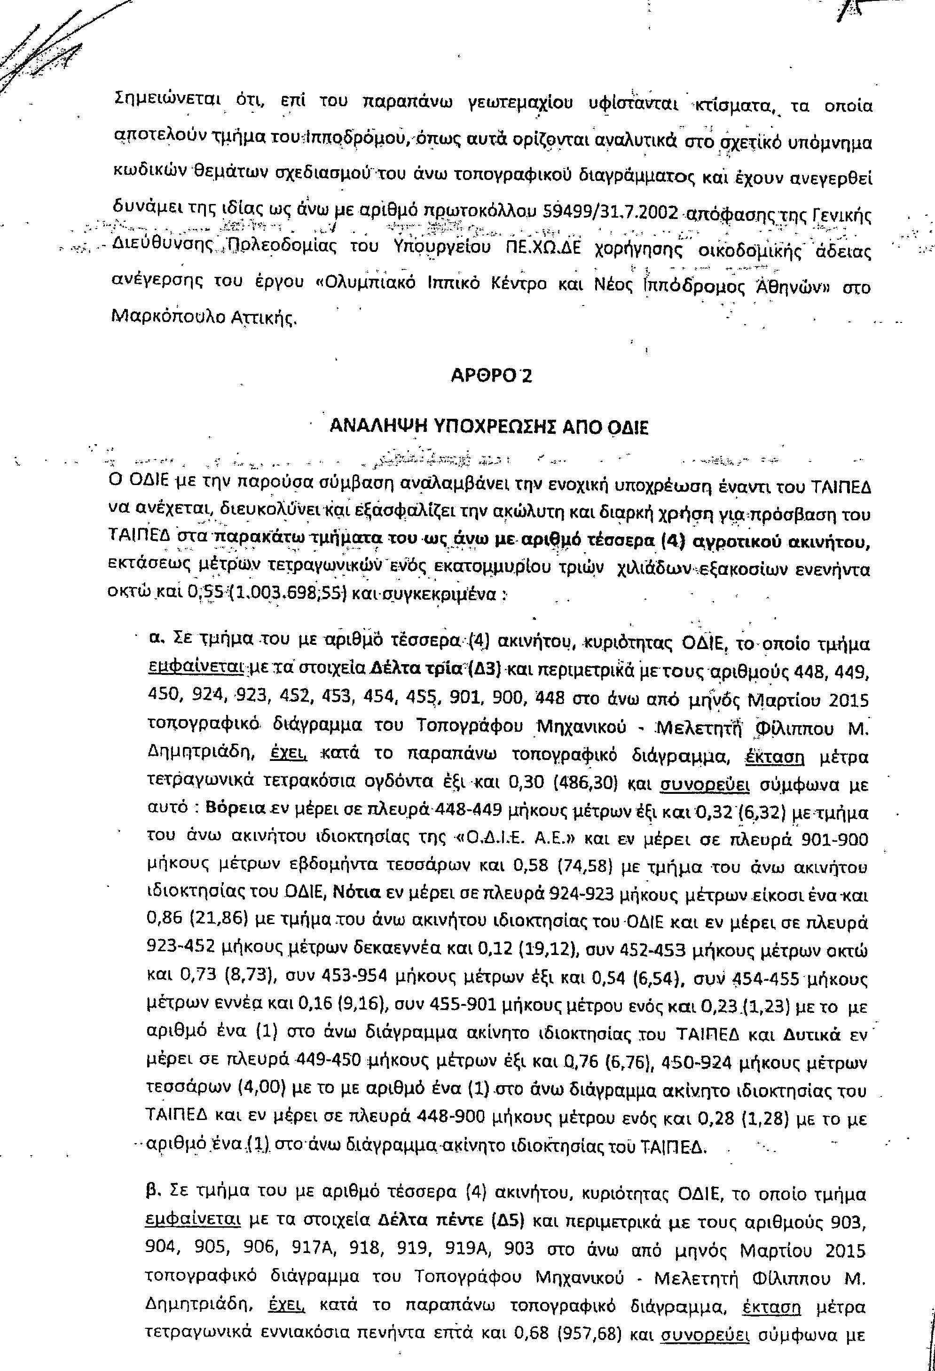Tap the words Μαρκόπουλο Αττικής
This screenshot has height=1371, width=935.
click(x=204, y=319)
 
